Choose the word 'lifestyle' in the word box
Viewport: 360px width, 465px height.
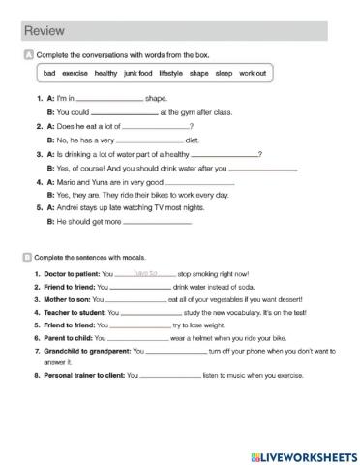pyautogui.click(x=171, y=73)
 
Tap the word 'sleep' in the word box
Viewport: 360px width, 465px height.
pyautogui.click(x=224, y=73)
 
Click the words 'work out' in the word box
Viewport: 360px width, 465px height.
pyautogui.click(x=253, y=73)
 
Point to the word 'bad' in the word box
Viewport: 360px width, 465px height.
pyautogui.click(x=49, y=73)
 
